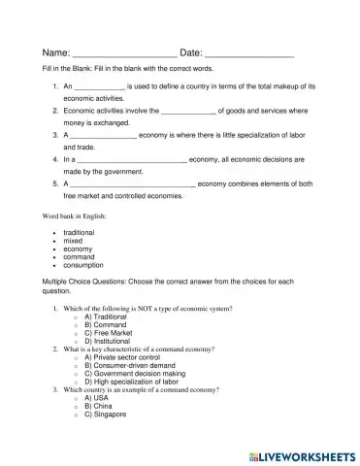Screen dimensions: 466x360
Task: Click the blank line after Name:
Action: click(x=124, y=53)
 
